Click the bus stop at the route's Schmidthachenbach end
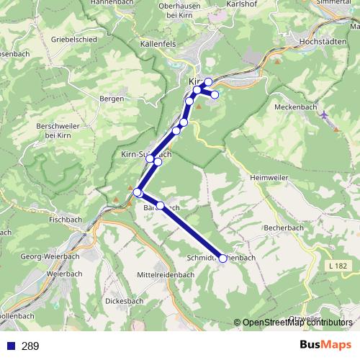pos(222,258)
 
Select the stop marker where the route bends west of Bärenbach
pos(138,192)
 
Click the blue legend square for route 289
pos(10,347)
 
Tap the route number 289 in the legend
pos(30,347)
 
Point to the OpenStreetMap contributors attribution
pos(297,323)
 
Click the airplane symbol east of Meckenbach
pos(325,114)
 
